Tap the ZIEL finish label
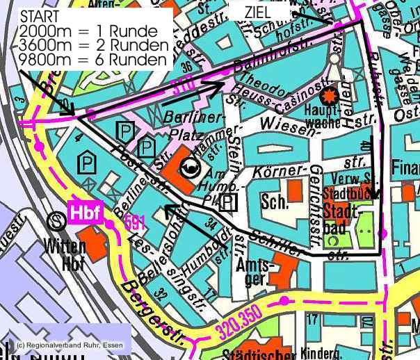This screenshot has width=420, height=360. pos(258,13)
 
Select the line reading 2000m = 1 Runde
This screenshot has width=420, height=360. pos(93,31)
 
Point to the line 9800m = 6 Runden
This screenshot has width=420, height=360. pos(95,59)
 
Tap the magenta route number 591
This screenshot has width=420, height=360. pos(135,223)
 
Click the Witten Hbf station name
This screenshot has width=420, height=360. pos(65,254)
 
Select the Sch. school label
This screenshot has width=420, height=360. pos(272,202)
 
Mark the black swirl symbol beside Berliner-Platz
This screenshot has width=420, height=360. pos(188,167)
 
